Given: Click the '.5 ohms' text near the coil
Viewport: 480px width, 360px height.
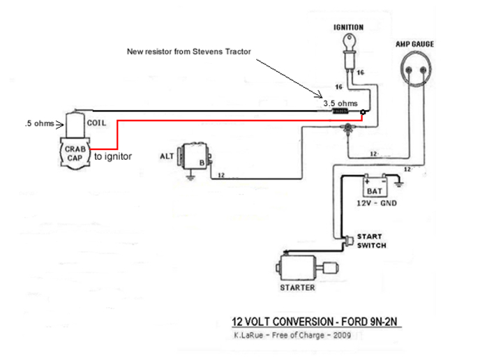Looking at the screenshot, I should pyautogui.click(x=38, y=124).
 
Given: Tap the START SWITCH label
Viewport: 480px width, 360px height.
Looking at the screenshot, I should pyautogui.click(x=371, y=241).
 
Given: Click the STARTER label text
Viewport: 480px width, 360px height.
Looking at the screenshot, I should pyautogui.click(x=297, y=287).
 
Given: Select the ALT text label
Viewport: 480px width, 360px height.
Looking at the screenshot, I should pyautogui.click(x=167, y=156).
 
